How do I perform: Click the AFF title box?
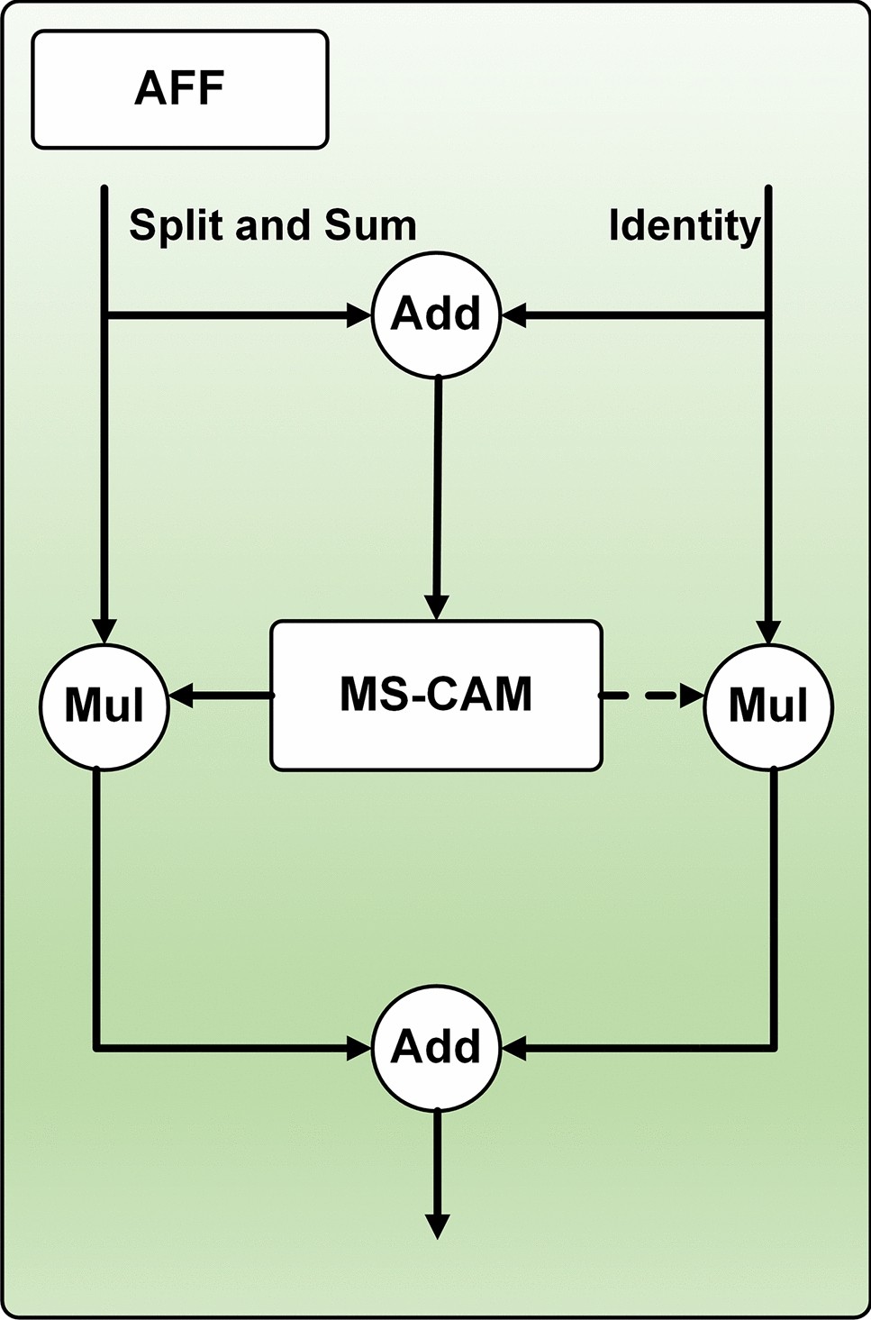click(x=180, y=89)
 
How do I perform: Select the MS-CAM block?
click(x=436, y=695)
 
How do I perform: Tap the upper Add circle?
click(x=436, y=315)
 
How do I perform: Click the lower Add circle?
click(x=436, y=1047)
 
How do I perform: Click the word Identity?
click(x=685, y=225)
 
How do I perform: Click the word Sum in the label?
click(x=370, y=224)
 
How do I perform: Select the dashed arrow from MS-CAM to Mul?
click(x=651, y=696)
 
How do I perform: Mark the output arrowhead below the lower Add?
click(x=437, y=1226)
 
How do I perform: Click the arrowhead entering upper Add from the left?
click(x=360, y=315)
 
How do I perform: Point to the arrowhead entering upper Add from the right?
click(x=513, y=315)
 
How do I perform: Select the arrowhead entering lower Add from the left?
click(x=360, y=1048)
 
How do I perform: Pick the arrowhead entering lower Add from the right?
click(x=513, y=1048)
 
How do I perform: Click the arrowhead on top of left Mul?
click(x=105, y=630)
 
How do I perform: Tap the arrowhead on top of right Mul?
click(x=767, y=630)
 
